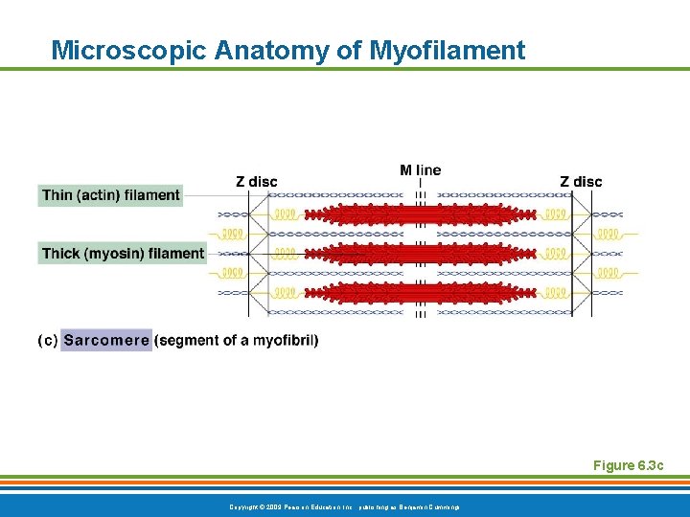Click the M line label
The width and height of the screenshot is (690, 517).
tap(421, 170)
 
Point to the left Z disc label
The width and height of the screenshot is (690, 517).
tap(257, 182)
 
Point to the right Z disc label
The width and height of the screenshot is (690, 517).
tap(581, 182)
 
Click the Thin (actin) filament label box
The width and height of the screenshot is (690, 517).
tap(110, 195)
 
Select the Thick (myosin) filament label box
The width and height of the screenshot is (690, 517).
tap(123, 254)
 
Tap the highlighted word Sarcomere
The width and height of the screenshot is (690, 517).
tap(106, 340)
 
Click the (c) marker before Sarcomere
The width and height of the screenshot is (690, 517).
tap(47, 340)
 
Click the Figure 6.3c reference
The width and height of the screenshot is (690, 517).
tap(628, 465)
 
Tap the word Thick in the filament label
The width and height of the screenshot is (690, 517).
tap(60, 254)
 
